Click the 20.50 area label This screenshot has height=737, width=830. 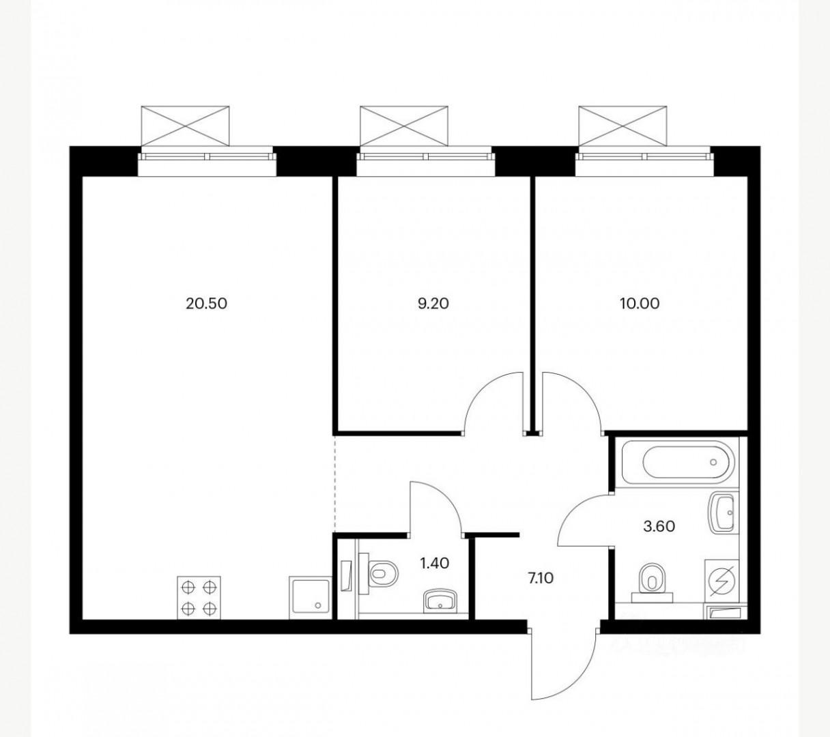point(206,303)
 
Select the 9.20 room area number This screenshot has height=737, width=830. point(433,303)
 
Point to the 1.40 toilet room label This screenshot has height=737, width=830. point(434,563)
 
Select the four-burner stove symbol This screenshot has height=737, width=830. point(200,597)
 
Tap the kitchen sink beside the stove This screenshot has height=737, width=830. point(309,597)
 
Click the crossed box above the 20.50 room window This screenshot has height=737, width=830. point(185,125)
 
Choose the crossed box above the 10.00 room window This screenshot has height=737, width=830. point(622,125)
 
